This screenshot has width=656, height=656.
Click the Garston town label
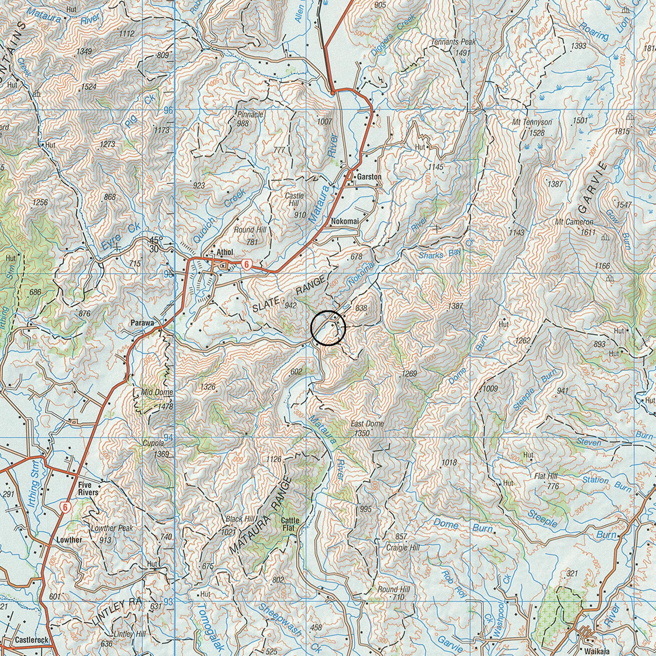click(x=369, y=177)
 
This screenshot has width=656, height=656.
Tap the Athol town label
click(x=224, y=252)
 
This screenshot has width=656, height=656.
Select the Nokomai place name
click(x=345, y=221)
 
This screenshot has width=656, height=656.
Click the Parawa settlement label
click(x=142, y=323)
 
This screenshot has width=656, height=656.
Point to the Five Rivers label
click(x=88, y=489)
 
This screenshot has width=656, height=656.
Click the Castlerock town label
click(x=32, y=639)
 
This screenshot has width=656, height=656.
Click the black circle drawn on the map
click(x=328, y=328)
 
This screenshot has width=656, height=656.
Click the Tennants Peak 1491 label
click(x=454, y=47)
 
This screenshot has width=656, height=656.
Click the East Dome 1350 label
click(x=367, y=428)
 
